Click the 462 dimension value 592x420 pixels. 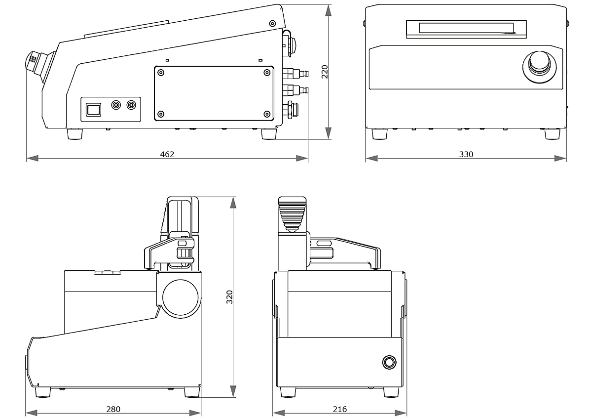167,154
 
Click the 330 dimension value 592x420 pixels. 466,154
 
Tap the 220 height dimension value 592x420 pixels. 324,72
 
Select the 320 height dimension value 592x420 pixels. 229,296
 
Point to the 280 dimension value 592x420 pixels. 113,409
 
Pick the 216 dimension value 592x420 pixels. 340,409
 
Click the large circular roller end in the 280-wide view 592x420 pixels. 181,298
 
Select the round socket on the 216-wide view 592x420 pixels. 389,362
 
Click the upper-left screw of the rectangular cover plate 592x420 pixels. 161,73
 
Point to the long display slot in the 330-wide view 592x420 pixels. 466,28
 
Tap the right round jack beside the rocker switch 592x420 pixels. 131,105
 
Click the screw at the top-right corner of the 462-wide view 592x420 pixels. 272,23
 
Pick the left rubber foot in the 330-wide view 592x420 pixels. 379,134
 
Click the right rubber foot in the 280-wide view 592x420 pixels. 192,392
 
